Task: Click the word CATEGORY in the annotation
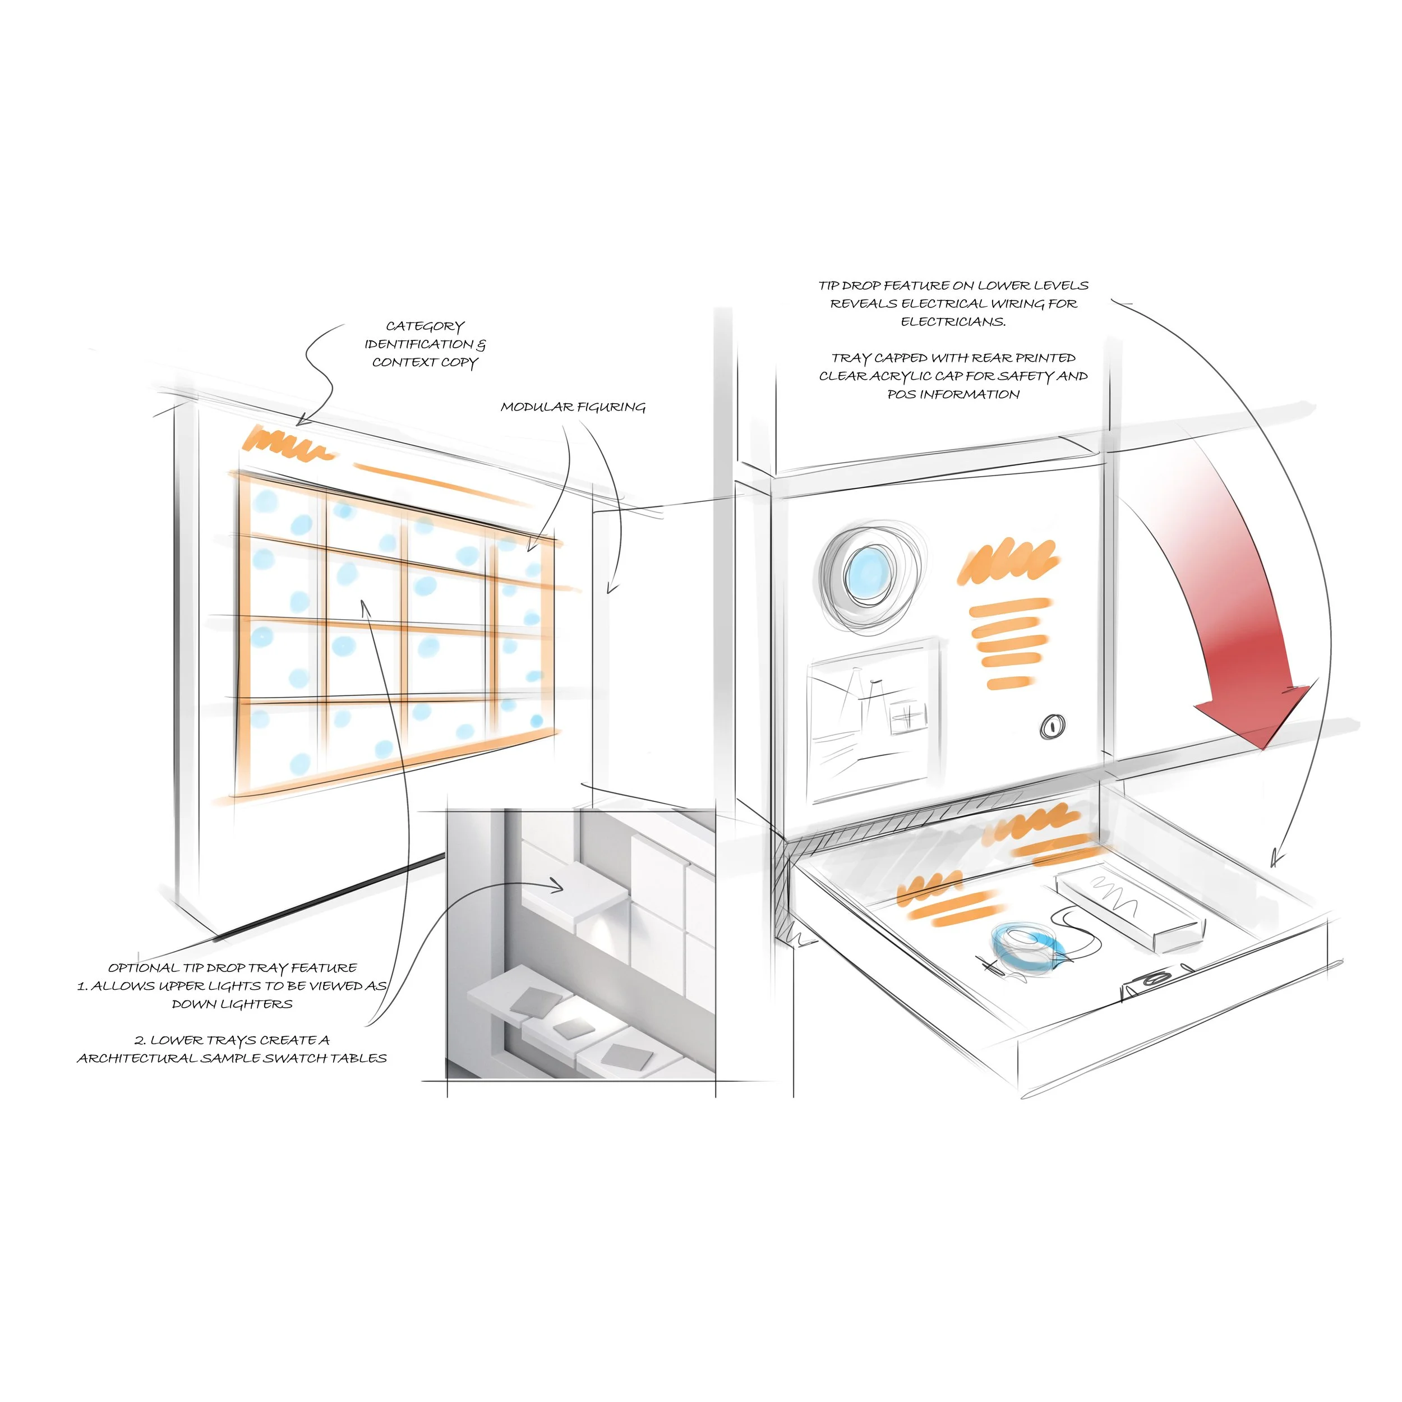click(425, 326)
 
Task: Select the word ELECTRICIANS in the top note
click(953, 321)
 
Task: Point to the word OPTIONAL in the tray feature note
click(143, 968)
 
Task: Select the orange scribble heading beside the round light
click(1008, 562)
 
